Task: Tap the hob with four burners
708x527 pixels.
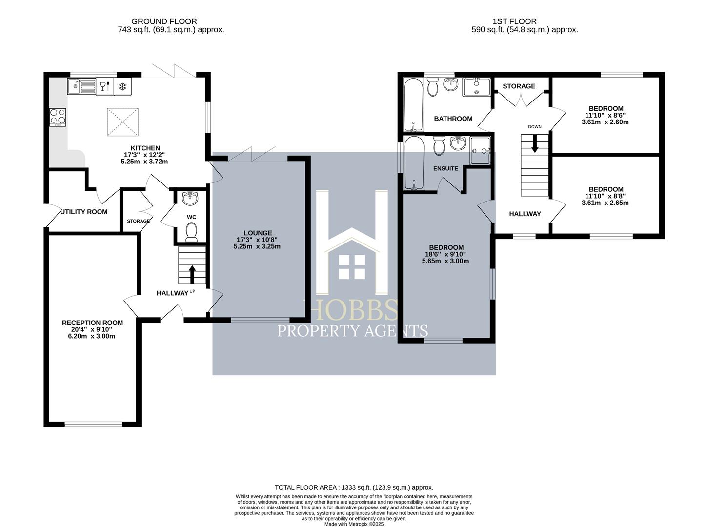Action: tap(58, 117)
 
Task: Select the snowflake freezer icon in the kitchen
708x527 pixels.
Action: tap(123, 86)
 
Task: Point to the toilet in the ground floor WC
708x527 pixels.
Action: tap(191, 231)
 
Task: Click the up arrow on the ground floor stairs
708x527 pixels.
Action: tap(192, 274)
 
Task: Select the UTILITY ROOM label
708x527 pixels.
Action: tap(84, 212)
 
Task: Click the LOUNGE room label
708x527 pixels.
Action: tap(258, 233)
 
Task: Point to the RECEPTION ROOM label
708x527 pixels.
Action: tap(92, 323)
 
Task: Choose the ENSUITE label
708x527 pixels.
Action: tap(445, 168)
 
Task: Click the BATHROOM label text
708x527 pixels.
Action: tap(453, 119)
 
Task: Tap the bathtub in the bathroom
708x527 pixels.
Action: tap(414, 105)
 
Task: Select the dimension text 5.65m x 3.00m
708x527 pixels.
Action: tap(445, 261)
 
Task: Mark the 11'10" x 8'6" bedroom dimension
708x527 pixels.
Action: tap(606, 115)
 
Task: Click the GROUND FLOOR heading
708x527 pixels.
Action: tap(164, 21)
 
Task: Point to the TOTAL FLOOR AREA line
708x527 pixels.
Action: tap(354, 487)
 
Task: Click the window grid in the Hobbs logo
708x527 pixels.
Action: tap(352, 267)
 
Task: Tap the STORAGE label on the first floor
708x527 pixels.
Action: tap(519, 86)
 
